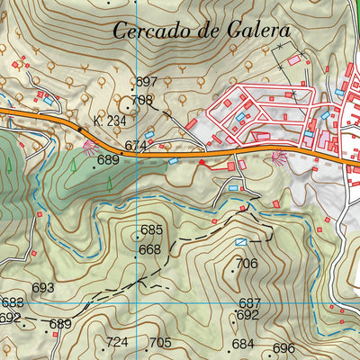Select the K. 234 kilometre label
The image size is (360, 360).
(x=108, y=120)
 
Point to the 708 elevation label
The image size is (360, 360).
(x=142, y=100)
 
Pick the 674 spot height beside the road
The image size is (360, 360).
(x=136, y=145)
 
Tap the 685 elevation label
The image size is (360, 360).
(x=151, y=229)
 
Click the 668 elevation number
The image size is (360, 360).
(x=149, y=249)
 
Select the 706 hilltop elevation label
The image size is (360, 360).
(x=247, y=264)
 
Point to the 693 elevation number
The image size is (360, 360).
(x=43, y=288)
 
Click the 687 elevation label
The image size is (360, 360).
(x=249, y=303)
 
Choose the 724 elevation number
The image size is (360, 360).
(x=117, y=342)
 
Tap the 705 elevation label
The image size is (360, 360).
(x=159, y=342)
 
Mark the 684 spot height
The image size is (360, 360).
(x=243, y=344)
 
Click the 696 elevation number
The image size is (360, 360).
(x=283, y=348)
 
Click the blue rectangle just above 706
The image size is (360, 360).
(x=240, y=243)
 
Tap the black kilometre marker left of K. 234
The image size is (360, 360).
(x=79, y=129)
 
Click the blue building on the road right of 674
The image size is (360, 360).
(x=173, y=161)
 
